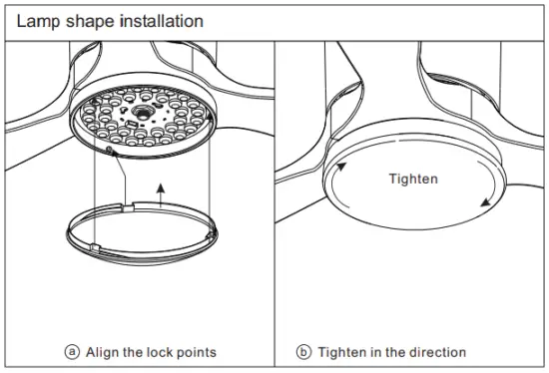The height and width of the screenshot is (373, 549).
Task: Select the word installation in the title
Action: click(156, 20)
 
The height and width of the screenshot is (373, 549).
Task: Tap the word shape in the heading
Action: click(84, 20)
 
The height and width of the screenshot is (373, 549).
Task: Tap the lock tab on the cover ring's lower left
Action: click(92, 243)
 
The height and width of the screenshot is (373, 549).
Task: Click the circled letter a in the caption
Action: click(72, 352)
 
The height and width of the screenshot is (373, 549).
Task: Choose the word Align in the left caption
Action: click(100, 352)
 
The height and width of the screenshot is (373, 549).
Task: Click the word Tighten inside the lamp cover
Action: click(412, 180)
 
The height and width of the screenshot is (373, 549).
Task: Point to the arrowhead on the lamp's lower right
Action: click(485, 202)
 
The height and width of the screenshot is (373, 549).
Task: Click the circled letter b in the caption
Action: click(303, 352)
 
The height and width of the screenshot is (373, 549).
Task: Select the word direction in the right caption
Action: click(436, 352)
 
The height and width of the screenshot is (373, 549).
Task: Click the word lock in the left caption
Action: click(160, 352)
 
